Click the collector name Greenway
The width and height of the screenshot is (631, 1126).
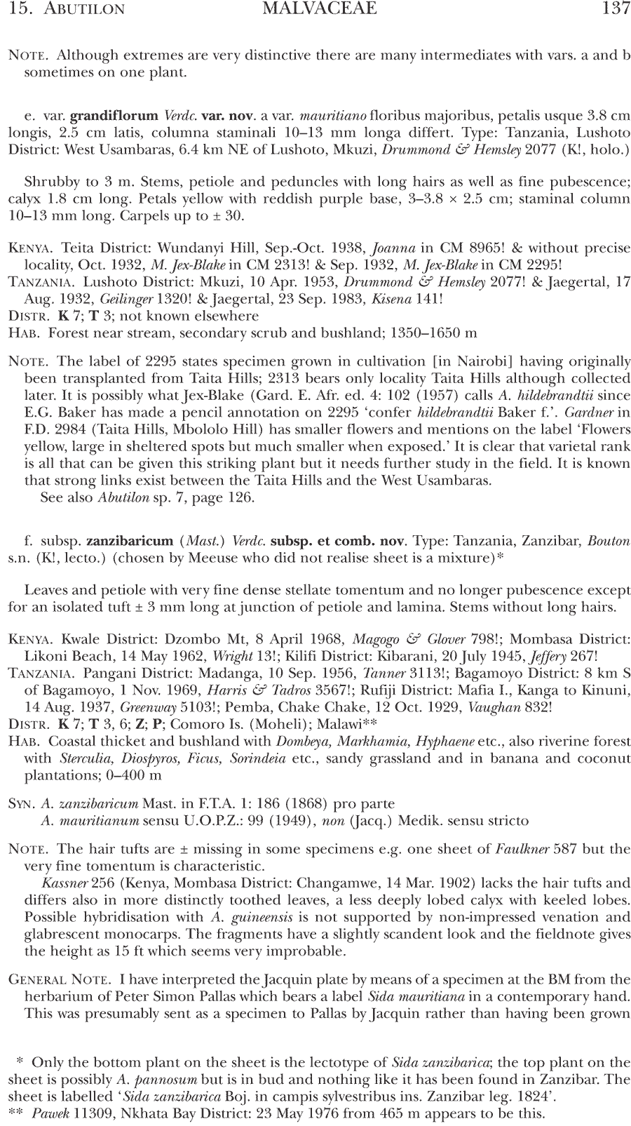[x=147, y=706]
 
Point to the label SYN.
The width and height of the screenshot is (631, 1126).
[x=21, y=804]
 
